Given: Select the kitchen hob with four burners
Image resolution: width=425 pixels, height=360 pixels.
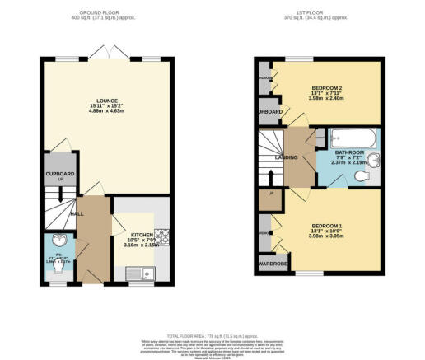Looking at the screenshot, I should (163, 236).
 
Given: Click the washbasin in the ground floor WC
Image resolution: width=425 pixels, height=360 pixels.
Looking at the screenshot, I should (58, 242).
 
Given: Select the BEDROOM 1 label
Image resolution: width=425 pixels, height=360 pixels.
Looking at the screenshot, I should (327, 225).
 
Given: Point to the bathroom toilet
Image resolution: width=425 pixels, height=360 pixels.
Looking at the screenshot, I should (360, 175).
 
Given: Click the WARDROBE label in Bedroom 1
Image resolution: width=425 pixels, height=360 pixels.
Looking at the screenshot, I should (268, 264).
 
